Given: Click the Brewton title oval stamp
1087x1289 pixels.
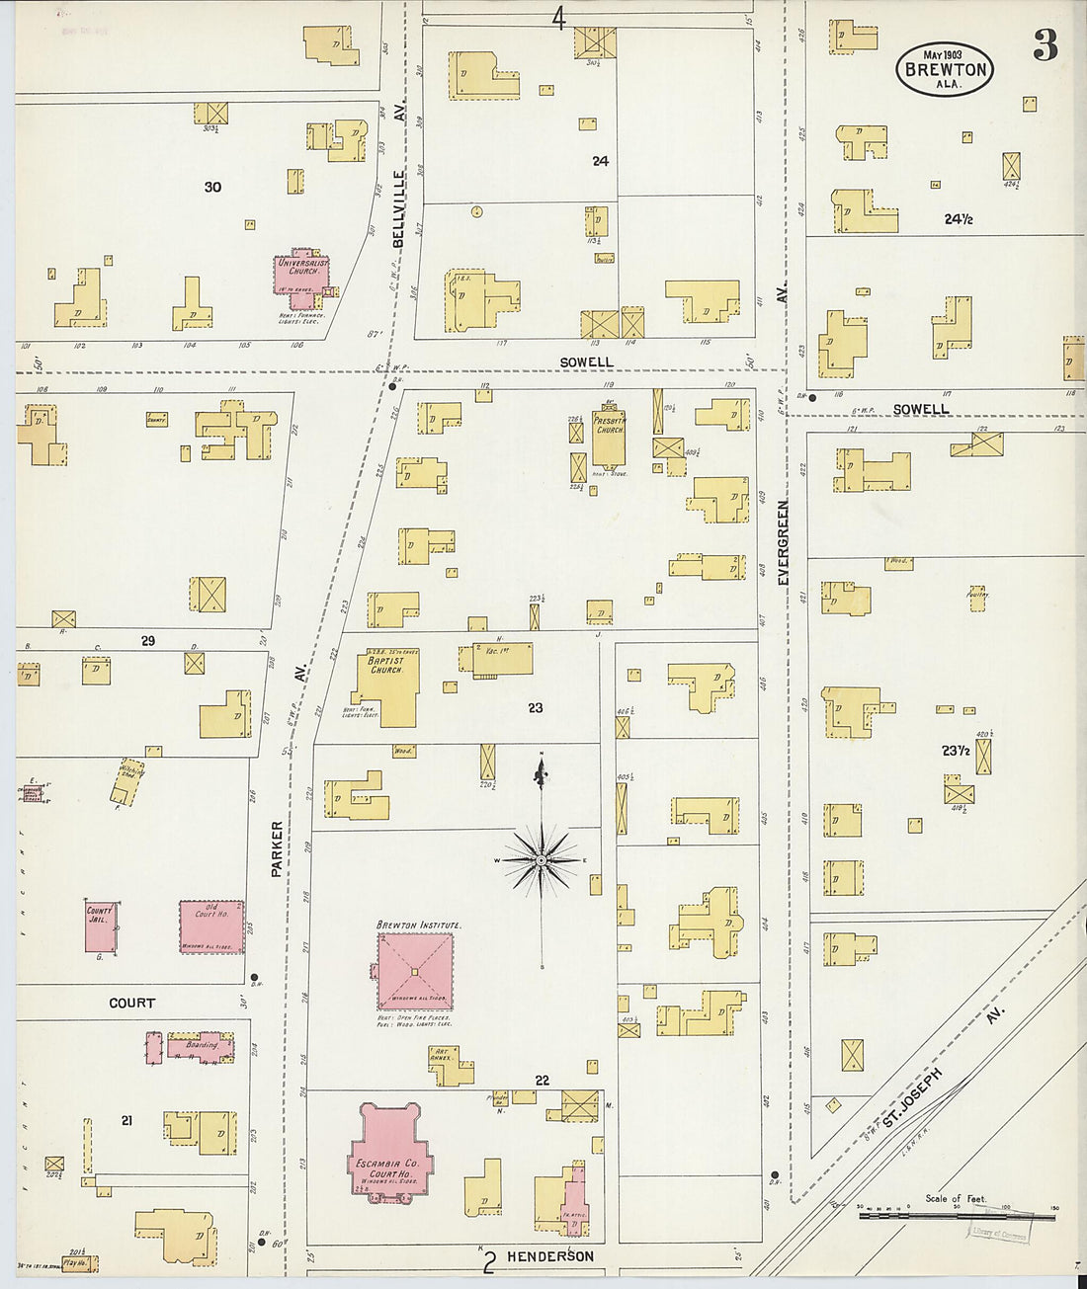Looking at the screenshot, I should [x=944, y=68].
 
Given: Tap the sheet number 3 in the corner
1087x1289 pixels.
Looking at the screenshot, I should [x=1045, y=46].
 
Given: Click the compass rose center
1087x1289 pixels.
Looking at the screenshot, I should [x=542, y=861].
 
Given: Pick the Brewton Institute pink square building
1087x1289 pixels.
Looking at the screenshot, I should [x=415, y=971].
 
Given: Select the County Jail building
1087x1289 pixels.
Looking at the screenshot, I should [x=101, y=926].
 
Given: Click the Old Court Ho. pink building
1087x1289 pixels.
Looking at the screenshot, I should [x=210, y=926].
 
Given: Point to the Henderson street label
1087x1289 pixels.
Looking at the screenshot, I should [x=550, y=1256].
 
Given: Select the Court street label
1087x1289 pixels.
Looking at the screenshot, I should [x=131, y=1003].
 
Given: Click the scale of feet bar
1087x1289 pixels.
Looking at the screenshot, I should [x=956, y=1215].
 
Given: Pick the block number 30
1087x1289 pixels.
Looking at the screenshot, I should [x=212, y=187].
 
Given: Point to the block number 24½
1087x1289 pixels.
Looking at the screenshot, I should [x=958, y=219].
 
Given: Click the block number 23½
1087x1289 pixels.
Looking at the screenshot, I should [x=955, y=751].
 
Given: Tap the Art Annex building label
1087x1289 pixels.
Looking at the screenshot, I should [x=441, y=1055].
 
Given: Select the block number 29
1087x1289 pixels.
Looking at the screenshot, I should [x=147, y=641].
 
